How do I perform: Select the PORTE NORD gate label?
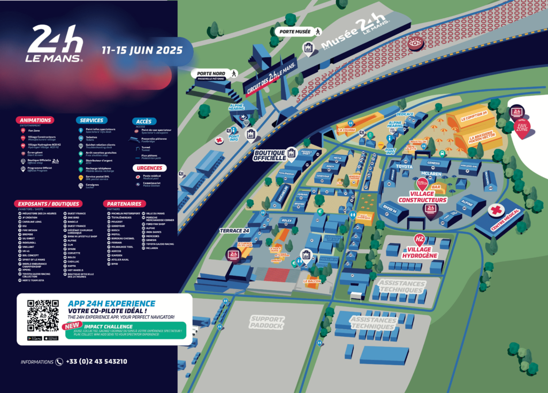click(x=211, y=73)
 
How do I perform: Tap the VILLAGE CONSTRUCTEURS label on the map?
click(x=428, y=196)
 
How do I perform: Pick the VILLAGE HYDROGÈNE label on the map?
click(x=423, y=252)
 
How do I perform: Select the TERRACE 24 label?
click(x=234, y=231)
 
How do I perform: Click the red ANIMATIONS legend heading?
click(x=35, y=120)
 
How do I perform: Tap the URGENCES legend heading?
click(x=149, y=168)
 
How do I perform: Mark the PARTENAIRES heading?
click(x=124, y=204)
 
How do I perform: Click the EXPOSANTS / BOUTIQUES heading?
click(x=48, y=204)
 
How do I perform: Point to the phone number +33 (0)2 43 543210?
click(x=96, y=361)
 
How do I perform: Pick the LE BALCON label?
click(x=311, y=281)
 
